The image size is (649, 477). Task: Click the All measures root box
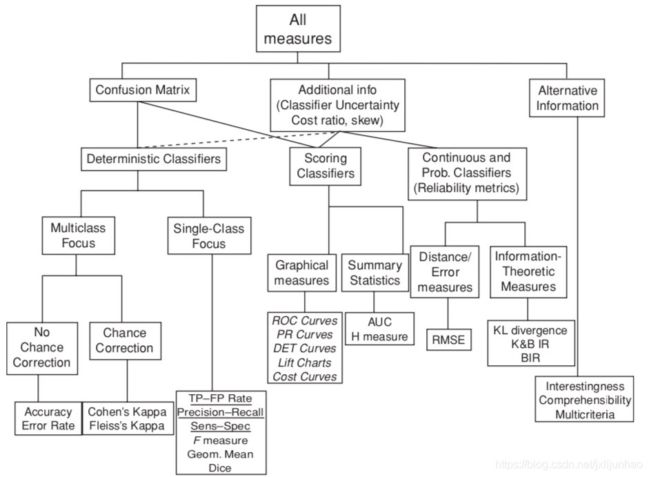point(298,28)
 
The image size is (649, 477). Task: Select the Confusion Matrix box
point(143,90)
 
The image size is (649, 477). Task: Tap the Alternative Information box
point(568,98)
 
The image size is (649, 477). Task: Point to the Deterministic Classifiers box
point(154,159)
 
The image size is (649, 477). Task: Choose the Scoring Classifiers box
point(321,166)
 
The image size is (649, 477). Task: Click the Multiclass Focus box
point(73,235)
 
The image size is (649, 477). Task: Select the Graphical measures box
point(301,273)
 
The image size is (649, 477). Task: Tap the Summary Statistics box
point(375,273)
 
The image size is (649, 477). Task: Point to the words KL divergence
point(530,330)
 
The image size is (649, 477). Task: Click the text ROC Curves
point(305,321)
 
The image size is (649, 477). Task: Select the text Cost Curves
point(305,376)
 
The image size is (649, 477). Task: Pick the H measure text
point(379,337)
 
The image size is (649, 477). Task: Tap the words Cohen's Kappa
point(127,411)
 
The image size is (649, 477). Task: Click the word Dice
point(221,467)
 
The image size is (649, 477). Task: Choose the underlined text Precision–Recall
point(221,412)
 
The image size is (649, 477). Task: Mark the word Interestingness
point(585,386)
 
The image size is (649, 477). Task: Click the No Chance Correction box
point(41,347)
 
